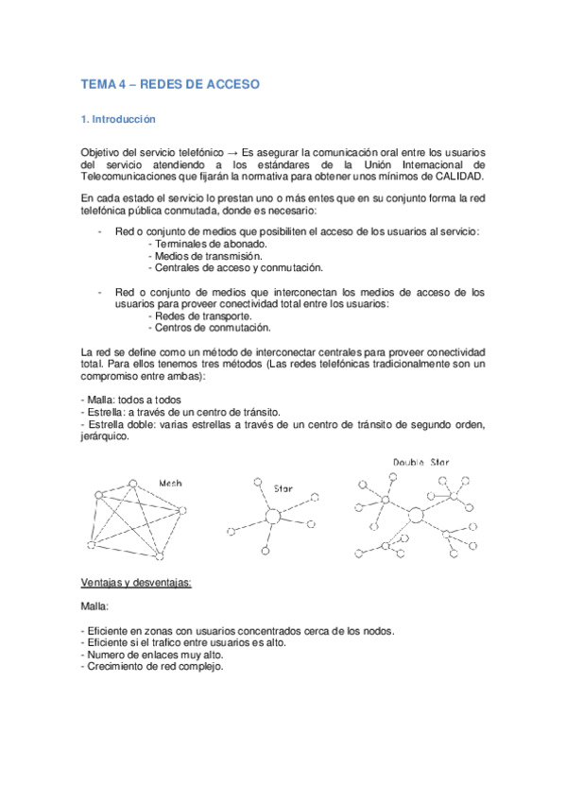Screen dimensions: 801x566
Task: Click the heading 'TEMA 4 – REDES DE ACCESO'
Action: pos(170,85)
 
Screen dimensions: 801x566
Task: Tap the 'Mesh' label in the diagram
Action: pos(171,483)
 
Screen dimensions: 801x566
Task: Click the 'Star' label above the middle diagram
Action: pos(283,489)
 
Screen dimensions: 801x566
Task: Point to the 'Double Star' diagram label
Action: pos(421,462)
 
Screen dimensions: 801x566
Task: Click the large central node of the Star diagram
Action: pos(273,518)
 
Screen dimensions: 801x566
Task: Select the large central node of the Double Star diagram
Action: pos(415,515)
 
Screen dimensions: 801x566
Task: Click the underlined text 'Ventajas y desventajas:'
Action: pos(137,581)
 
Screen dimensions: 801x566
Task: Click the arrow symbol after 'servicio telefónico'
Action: pos(232,151)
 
